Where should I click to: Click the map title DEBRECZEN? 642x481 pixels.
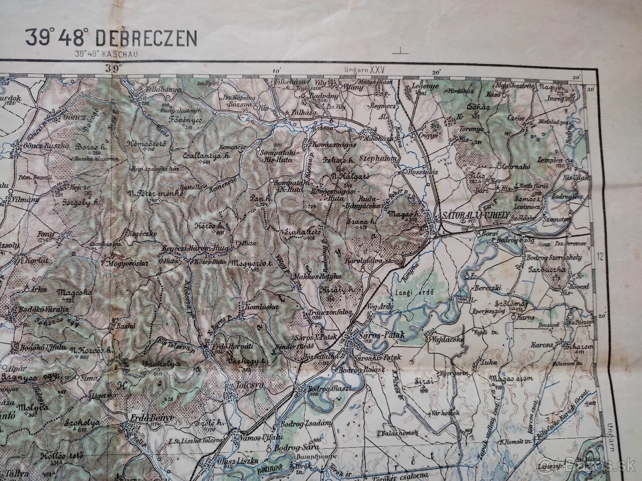152,38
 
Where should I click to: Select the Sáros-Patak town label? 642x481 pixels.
382,335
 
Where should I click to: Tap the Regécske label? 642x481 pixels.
141,233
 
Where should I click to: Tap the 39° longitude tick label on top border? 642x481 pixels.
113,68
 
